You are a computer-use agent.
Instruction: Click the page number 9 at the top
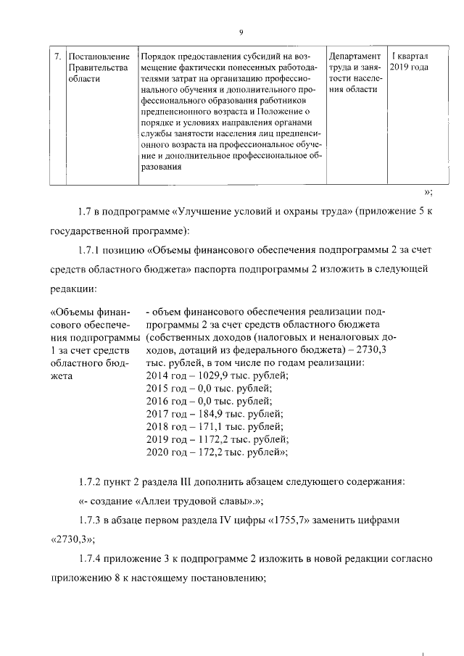(239, 31)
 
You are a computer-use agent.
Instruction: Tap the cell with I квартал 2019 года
(409, 62)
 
